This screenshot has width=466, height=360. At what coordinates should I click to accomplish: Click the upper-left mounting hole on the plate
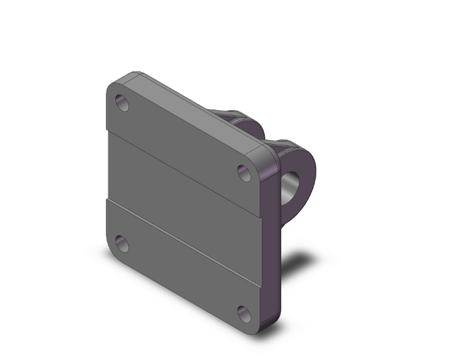coord(122,103)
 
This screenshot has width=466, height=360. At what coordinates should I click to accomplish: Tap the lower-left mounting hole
coord(122,244)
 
